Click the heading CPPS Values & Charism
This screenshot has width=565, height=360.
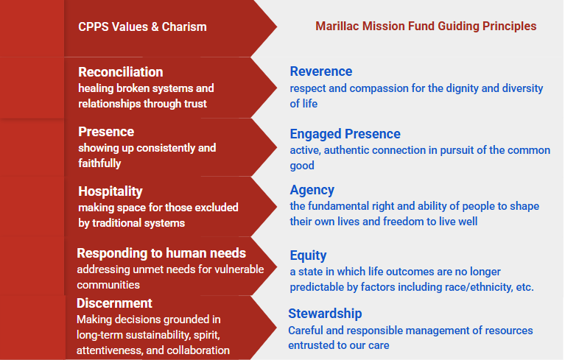coord(142,27)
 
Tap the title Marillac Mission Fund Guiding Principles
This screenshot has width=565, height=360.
coord(426,26)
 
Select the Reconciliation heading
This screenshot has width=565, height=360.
coord(121,71)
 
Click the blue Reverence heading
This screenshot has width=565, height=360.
coord(321,71)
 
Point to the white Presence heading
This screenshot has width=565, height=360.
coord(106,131)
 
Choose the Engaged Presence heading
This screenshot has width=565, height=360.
coord(345,134)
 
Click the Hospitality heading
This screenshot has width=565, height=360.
coord(110,191)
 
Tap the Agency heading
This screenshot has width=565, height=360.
coord(312,190)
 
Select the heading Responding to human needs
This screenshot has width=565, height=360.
coord(161,253)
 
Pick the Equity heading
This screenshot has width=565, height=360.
coord(308,255)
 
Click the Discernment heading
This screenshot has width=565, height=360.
coord(114,303)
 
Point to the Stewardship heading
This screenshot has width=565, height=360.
coord(325,314)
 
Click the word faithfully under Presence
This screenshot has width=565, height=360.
coord(99,163)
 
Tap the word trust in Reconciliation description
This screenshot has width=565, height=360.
coord(195,104)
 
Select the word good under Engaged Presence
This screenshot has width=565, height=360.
coord(302,166)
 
